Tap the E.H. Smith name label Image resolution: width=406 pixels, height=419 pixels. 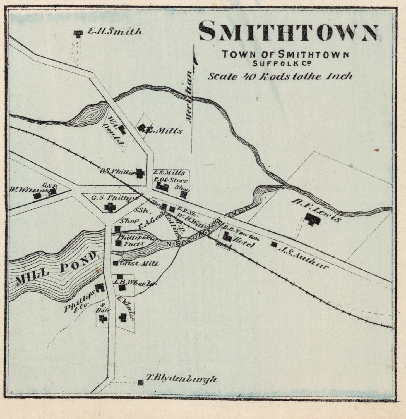pos(114,31)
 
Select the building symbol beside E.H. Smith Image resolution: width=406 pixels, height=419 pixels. pos(78,33)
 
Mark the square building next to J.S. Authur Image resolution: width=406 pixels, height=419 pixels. pos(274,244)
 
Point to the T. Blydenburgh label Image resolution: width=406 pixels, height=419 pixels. pos(181,379)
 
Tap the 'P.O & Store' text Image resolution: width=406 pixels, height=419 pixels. pos(170,180)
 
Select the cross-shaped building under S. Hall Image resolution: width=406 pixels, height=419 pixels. pos(103,318)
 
